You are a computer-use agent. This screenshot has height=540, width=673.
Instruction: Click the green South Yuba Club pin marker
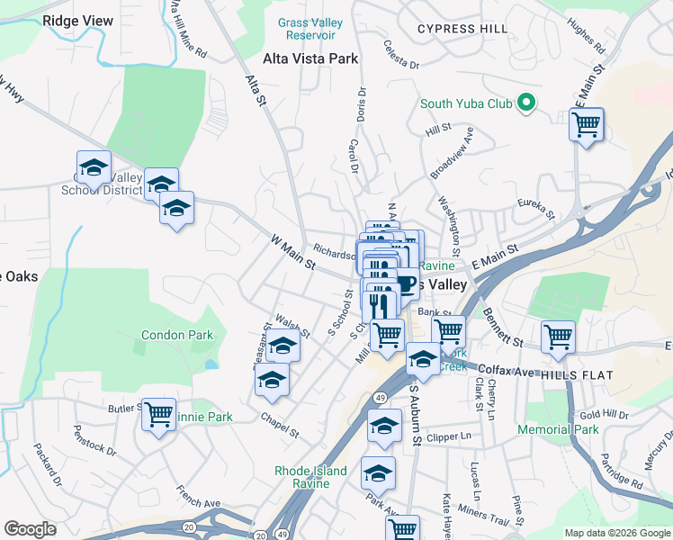click(527, 103)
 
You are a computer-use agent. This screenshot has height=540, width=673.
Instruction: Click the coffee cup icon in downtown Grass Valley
click(406, 283)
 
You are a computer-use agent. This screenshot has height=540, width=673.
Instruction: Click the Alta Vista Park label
click(310, 58)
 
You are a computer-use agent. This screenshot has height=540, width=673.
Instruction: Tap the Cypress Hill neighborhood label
click(462, 29)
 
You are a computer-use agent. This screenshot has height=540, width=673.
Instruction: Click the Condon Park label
click(177, 336)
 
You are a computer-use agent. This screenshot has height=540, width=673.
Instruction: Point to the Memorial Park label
click(558, 429)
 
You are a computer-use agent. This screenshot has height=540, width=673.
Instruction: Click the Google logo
click(30, 529)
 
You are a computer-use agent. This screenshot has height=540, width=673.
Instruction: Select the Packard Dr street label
click(47, 463)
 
